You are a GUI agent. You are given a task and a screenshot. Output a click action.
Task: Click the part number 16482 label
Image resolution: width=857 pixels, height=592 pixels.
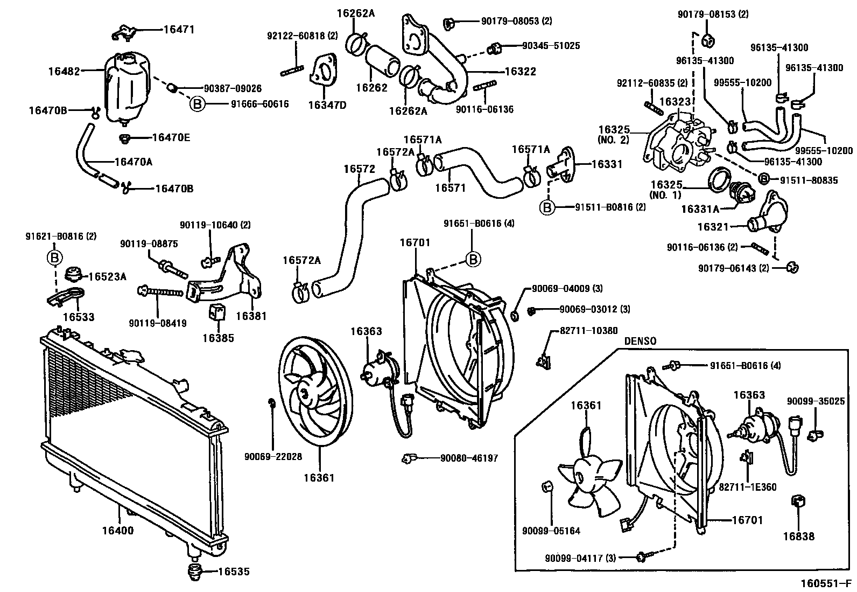[64, 71]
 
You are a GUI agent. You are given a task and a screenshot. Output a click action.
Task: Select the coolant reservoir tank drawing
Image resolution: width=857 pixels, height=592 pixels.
[125, 86]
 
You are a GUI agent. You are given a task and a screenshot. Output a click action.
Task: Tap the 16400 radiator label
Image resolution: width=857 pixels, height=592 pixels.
[117, 531]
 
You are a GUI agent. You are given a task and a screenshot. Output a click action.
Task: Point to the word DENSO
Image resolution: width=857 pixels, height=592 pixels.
[640, 341]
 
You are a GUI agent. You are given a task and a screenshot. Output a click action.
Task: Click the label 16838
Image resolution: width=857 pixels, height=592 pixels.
[798, 537]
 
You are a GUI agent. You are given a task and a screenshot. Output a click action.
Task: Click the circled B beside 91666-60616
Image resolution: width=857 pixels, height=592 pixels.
[198, 104]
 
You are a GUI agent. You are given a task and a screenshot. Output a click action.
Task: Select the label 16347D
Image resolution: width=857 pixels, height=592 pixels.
[327, 105]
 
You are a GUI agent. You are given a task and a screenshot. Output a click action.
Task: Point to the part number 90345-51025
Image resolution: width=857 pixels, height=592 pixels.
[551, 46]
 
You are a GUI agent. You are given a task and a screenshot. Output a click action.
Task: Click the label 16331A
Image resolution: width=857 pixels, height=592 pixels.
[700, 208]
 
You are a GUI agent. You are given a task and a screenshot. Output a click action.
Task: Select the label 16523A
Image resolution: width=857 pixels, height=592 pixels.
[107, 276]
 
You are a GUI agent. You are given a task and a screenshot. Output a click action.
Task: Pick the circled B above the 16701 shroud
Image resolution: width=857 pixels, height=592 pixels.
[473, 260]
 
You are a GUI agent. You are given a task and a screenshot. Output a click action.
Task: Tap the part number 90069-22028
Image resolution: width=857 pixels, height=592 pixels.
[273, 457]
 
